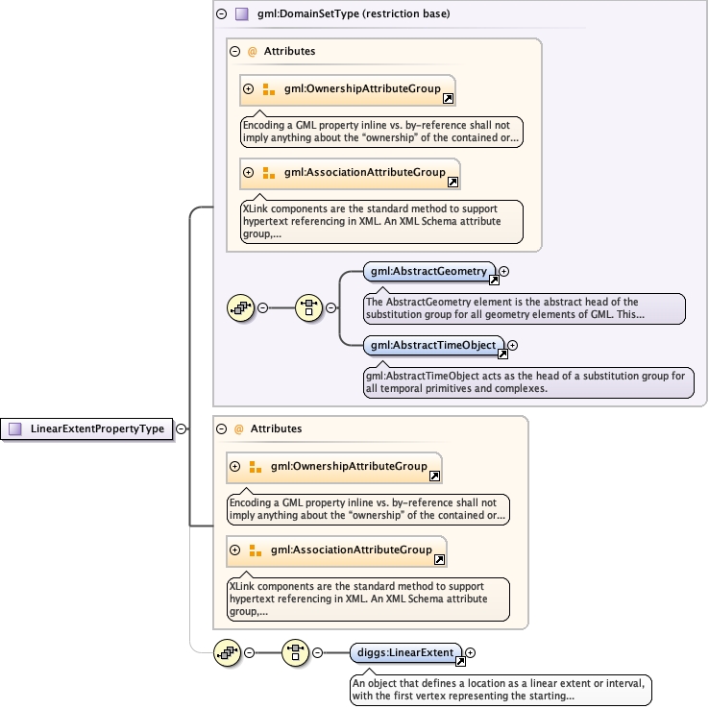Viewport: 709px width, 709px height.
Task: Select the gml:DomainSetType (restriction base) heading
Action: click(x=354, y=14)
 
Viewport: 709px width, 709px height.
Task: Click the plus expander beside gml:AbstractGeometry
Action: click(x=504, y=272)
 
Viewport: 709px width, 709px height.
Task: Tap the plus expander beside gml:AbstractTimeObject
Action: click(x=512, y=345)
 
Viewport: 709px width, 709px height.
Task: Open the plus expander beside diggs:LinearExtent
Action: click(x=471, y=652)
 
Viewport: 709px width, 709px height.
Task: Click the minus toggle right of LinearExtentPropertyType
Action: click(x=181, y=429)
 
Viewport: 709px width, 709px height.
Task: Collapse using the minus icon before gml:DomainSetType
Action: click(x=221, y=14)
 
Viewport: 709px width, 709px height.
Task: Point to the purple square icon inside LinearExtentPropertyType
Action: click(x=15, y=429)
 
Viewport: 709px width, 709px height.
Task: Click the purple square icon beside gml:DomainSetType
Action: click(x=241, y=14)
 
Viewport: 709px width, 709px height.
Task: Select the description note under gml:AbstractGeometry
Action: click(x=524, y=308)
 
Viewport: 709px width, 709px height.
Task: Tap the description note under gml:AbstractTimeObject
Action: click(x=527, y=382)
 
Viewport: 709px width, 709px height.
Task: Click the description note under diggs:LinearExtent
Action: click(x=501, y=690)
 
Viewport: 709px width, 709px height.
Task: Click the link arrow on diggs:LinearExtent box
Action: click(x=460, y=661)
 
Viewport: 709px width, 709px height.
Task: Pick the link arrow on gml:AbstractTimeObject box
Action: click(x=501, y=354)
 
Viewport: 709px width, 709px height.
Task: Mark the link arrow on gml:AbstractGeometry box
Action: click(x=494, y=281)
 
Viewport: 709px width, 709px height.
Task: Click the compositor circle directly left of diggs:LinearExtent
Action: click(x=295, y=652)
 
